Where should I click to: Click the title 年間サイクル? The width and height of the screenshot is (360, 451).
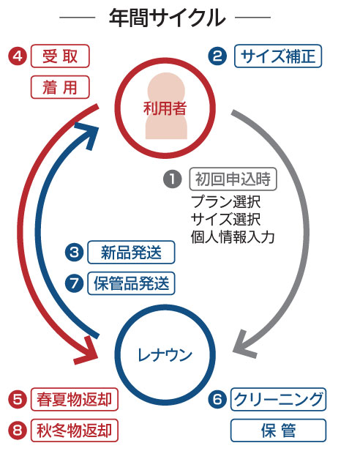tap(167, 18)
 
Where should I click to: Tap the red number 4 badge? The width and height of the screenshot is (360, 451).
tap(18, 56)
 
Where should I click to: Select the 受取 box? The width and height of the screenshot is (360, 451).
tap(60, 56)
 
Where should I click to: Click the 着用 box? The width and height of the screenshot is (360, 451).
tap(60, 87)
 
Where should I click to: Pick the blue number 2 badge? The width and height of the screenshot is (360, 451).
tap(217, 56)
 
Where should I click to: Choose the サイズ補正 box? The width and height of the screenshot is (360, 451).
tap(278, 56)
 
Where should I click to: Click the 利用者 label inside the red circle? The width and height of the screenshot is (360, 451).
tap(165, 108)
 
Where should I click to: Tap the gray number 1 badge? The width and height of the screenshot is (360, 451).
tap(173, 179)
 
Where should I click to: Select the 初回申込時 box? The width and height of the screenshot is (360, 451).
tap(233, 179)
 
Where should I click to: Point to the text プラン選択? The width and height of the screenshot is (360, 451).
tap(225, 202)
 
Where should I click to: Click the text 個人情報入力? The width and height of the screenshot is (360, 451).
tap(233, 237)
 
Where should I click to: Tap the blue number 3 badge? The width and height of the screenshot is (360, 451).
tap(74, 253)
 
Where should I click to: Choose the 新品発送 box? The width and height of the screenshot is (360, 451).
tap(131, 253)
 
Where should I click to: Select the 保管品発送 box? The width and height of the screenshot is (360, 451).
tap(131, 283)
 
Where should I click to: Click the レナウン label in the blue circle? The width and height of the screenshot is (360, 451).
tap(165, 355)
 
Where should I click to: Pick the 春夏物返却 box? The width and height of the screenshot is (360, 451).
tap(74, 400)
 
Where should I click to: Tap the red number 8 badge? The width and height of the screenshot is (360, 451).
tap(18, 430)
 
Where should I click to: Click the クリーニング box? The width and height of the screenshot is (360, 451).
tap(278, 400)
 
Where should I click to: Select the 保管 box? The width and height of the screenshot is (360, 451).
tap(278, 430)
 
